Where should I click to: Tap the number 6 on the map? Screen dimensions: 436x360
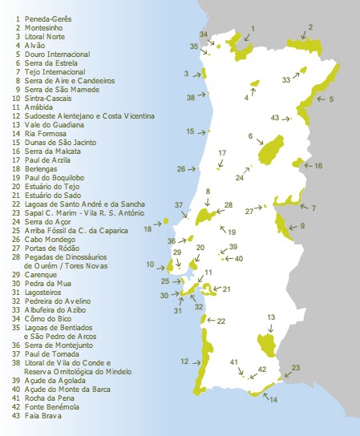(250, 136)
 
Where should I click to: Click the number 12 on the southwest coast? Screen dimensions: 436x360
(184, 362)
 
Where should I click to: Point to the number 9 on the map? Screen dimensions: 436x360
(302, 227)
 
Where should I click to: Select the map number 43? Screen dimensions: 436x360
(275, 118)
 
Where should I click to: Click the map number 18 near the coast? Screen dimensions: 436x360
(148, 229)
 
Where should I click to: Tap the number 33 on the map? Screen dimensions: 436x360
(286, 80)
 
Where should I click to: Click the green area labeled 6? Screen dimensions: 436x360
(270, 149)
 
